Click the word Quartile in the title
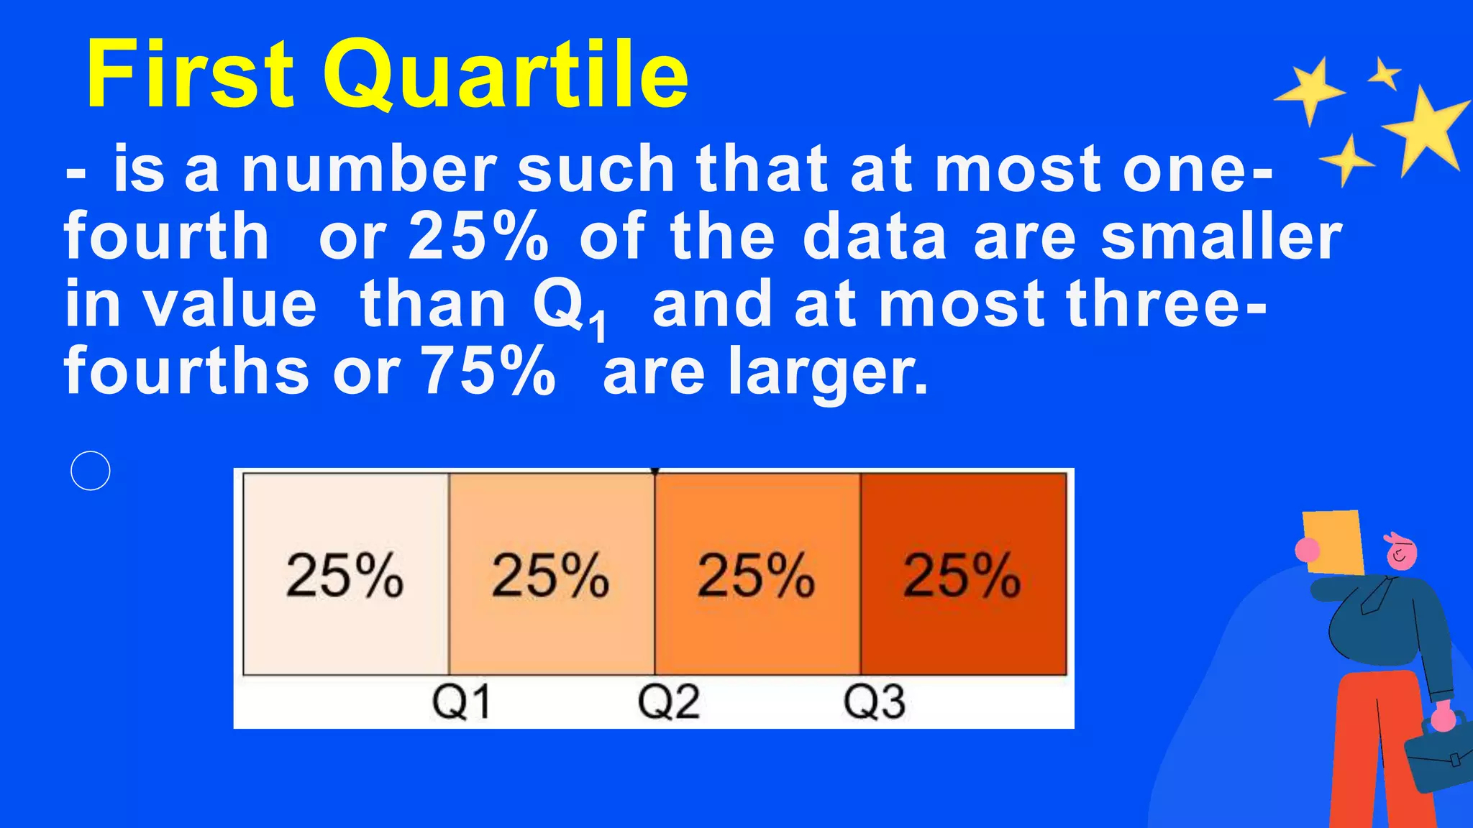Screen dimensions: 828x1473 click(x=506, y=75)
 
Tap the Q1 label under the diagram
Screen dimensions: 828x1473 click(x=461, y=701)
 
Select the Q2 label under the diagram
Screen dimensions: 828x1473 click(x=668, y=701)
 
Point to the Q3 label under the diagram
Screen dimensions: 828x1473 click(x=874, y=701)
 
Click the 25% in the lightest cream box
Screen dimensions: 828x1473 click(x=345, y=575)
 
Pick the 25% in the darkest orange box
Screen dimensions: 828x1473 click(x=962, y=575)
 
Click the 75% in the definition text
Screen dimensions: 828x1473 click(x=488, y=372)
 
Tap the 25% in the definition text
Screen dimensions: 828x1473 click(x=478, y=237)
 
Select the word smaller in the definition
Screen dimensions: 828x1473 click(x=1221, y=237)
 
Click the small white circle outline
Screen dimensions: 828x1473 click(x=91, y=471)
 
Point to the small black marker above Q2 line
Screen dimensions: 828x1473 click(x=655, y=471)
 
